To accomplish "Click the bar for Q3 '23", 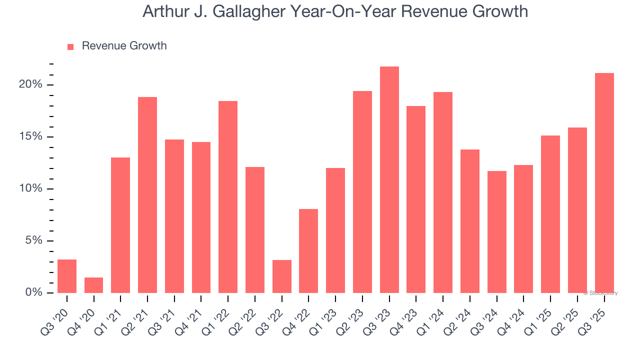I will point(389,179).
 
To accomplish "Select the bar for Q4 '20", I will point(93,285).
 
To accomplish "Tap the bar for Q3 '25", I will point(604,183).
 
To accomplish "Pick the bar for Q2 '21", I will point(147,195).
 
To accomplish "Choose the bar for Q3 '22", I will point(282,276).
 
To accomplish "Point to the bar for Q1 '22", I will point(228,197).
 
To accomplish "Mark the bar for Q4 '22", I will point(308,251).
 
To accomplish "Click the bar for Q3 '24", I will point(497,232).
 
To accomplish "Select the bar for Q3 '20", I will point(67,276).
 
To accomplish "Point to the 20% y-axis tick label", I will point(30,84).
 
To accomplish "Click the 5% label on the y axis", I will point(33,240).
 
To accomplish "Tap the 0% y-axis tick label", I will point(33,292).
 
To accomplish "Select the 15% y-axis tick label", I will point(30,136).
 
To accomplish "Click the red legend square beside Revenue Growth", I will point(70,46).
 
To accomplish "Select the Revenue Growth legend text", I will point(124,46).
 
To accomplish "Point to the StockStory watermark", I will point(600,293).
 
